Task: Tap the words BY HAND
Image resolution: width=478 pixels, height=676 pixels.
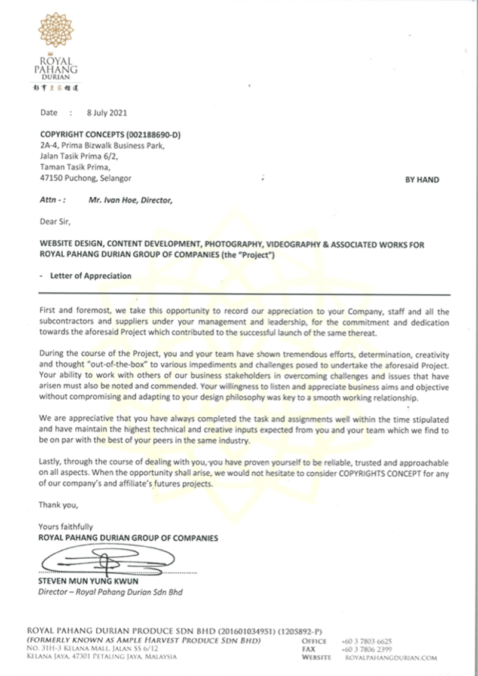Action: pos(422,179)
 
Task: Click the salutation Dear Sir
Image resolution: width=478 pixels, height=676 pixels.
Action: pos(54,223)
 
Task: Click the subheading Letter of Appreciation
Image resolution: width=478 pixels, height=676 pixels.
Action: pos(87,276)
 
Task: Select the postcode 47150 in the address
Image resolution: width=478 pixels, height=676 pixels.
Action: pos(51,178)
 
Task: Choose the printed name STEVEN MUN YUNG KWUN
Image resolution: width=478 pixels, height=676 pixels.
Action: pos(88,582)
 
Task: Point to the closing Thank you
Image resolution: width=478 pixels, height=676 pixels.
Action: pos(58,505)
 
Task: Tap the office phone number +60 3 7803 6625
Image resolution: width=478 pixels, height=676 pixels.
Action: pos(366,641)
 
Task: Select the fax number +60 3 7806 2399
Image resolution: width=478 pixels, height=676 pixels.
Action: pos(366,649)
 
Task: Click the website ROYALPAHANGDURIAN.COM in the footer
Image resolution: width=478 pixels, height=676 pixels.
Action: pos(391,657)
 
